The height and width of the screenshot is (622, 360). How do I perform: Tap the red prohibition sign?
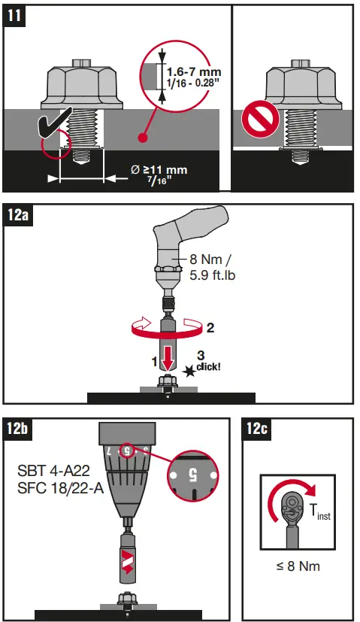coord(255,120)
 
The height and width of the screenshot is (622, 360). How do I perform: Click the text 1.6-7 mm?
coord(189,72)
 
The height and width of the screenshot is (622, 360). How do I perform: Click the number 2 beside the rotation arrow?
coord(210,328)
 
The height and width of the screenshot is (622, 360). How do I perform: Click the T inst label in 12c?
coord(319,511)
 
